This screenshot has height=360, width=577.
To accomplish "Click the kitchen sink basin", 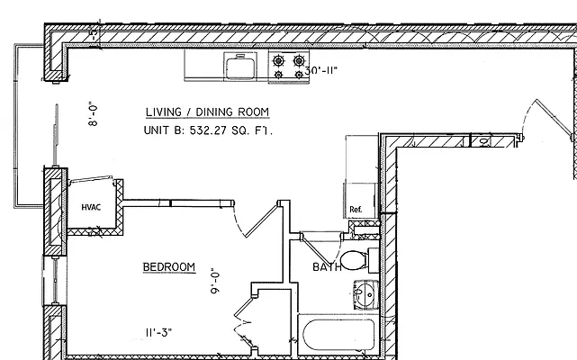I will coord(240,67).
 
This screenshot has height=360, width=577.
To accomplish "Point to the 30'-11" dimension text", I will coord(321,70).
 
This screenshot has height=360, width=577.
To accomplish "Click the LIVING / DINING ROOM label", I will coord(206,112).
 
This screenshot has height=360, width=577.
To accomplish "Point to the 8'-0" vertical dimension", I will coord(93,112).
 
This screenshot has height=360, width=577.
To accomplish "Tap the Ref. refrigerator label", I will coord(356,210).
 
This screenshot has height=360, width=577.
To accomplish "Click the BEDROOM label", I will coord(169,267).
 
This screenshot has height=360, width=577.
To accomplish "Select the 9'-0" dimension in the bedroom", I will coord(213,282).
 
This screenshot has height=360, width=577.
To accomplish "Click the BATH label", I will coord(326,267).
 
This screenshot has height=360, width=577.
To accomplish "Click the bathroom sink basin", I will coord(363,293).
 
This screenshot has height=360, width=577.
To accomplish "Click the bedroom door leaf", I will coord(261,219).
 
